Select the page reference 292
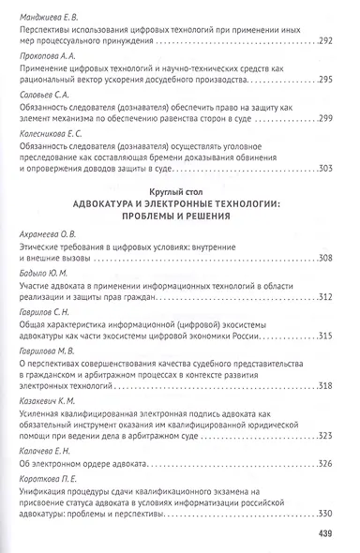(326, 42)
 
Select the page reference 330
(326, 513)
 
